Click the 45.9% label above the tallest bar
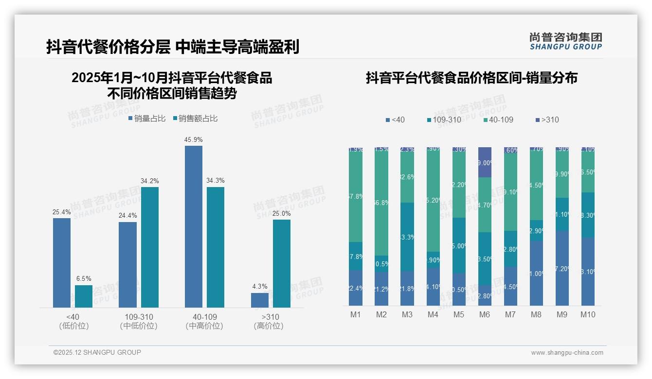click(193, 140)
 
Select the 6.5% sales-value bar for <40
click(83, 296)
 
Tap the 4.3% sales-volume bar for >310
click(259, 300)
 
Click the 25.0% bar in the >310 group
click(281, 263)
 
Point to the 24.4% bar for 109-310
click(127, 265)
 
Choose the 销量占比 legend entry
click(147, 119)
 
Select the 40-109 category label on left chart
click(204, 317)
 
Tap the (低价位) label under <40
click(73, 326)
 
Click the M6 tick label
click(484, 314)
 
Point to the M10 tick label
click(587, 314)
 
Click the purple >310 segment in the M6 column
click(484, 162)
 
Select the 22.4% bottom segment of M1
click(356, 288)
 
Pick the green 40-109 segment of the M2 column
click(381, 202)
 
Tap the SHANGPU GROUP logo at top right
click(565, 41)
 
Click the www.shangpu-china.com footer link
click(567, 353)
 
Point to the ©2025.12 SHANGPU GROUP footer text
click(97, 352)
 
